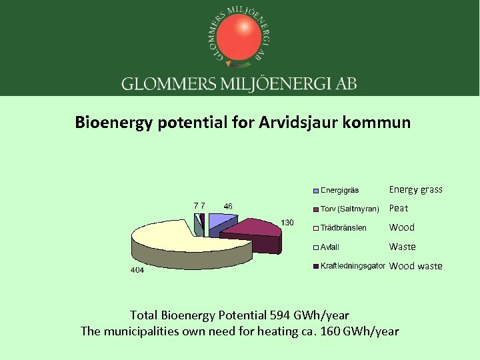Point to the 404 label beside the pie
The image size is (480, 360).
[137, 271]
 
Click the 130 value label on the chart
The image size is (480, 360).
[287, 222]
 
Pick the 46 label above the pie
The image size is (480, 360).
[228, 207]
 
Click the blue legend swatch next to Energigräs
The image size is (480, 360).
[316, 191]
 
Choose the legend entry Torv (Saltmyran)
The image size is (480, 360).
[350, 209]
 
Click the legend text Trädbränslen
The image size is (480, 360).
[343, 228]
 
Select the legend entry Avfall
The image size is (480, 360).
[330, 247]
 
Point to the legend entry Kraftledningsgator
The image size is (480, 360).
[353, 266]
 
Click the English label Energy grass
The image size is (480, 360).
[415, 190]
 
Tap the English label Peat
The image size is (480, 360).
[399, 209]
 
